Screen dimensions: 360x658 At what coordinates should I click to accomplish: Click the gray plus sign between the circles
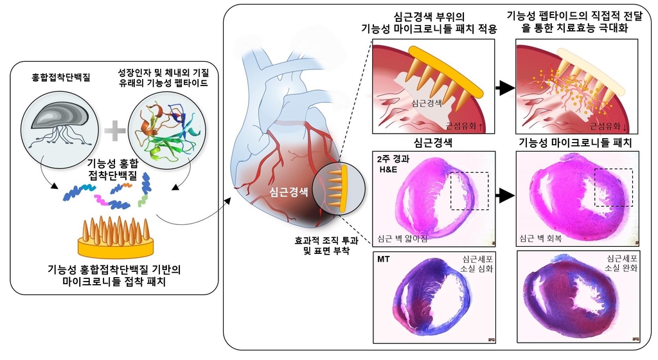click(x=114, y=131)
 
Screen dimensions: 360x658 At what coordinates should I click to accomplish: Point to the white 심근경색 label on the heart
click(x=290, y=192)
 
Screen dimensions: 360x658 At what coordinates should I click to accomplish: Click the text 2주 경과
click(x=394, y=159)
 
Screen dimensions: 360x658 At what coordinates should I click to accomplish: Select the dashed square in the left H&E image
click(x=470, y=190)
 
